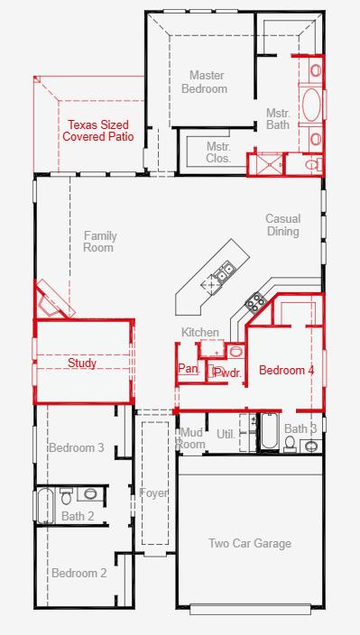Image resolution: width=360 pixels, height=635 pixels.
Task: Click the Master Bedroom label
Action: point(204,82)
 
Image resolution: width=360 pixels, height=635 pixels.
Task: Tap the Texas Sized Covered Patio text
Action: point(98,131)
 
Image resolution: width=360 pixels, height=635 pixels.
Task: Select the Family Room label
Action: point(99,242)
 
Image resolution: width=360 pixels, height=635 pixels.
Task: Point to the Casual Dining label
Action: point(283,225)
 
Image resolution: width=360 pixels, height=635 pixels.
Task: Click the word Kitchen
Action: point(200,333)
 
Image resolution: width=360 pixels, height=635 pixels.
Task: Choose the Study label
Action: point(82,363)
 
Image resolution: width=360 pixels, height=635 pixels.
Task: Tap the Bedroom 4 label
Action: point(287,370)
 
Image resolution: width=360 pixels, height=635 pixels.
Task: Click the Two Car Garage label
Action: point(250,543)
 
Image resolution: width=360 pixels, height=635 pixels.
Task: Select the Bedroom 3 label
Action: point(77,448)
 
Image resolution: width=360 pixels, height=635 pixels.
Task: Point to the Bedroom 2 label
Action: point(79,573)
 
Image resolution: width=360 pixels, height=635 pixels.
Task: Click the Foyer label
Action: point(153,493)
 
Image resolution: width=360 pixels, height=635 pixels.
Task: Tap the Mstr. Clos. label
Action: point(218,152)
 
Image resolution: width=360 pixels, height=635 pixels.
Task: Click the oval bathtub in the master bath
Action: point(311,105)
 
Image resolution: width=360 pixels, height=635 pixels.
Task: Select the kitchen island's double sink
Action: point(225,271)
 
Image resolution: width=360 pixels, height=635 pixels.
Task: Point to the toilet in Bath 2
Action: point(67,496)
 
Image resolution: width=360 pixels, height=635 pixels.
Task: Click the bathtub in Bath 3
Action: point(269,432)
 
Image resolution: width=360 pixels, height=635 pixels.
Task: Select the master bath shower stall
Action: point(266,163)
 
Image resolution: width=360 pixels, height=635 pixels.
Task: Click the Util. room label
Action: point(226,435)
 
